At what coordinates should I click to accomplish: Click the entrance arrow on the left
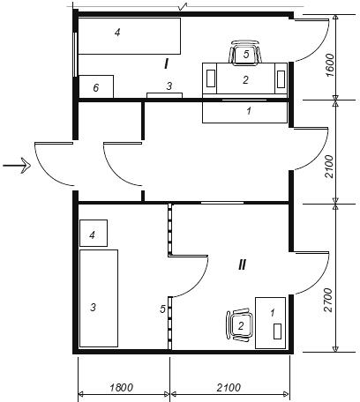(17, 166)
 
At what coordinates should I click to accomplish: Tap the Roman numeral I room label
(167, 63)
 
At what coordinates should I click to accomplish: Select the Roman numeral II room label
(242, 265)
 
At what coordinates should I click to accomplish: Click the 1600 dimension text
(330, 65)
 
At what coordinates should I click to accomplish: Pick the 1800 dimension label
(122, 388)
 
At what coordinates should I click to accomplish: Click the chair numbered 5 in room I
(245, 53)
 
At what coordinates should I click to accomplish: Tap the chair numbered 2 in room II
(239, 325)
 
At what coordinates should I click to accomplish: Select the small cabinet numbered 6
(96, 86)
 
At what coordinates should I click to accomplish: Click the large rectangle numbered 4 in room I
(129, 36)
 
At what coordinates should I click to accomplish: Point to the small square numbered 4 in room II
(94, 233)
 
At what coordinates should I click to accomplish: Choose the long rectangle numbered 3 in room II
(99, 298)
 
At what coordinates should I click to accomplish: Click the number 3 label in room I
(169, 86)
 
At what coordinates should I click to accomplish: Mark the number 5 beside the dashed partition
(162, 309)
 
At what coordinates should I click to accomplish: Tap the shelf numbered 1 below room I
(244, 112)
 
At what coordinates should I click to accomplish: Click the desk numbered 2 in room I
(244, 78)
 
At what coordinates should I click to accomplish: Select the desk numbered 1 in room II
(270, 323)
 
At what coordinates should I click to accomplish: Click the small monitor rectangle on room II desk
(277, 331)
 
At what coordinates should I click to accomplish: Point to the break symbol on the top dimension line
(183, 6)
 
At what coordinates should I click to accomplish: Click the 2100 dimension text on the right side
(330, 167)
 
